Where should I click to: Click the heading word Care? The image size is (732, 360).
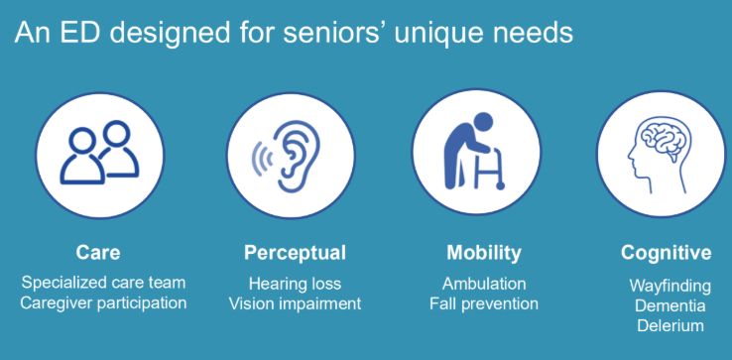(98, 253)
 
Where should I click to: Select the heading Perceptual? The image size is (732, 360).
(295, 253)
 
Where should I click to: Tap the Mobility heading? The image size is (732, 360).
(484, 253)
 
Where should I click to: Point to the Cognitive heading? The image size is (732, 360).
(667, 253)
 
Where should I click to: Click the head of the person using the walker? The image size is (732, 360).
(482, 123)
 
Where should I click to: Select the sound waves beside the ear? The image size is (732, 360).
(263, 157)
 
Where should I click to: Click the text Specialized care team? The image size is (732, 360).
(103, 282)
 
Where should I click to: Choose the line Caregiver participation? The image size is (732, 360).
(103, 303)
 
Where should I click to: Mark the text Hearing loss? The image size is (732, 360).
(295, 284)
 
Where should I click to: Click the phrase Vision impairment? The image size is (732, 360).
(295, 304)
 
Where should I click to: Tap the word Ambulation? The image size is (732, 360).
(484, 284)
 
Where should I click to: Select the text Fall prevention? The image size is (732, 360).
(484, 304)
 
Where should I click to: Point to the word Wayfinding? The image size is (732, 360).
(670, 286)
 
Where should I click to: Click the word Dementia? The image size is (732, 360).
(670, 305)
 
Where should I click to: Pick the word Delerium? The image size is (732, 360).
(670, 325)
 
